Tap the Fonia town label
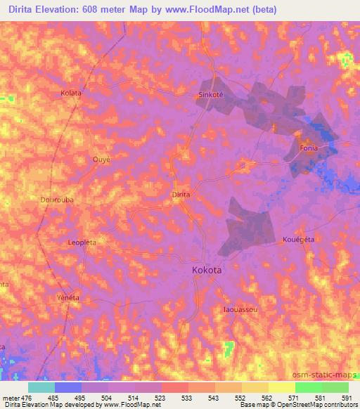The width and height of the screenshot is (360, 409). click(x=309, y=148)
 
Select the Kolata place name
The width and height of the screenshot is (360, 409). click(x=71, y=93)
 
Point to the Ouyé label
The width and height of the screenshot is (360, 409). click(x=102, y=160)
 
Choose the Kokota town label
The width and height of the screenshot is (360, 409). click(x=209, y=269)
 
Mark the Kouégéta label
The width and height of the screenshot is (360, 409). click(x=297, y=239)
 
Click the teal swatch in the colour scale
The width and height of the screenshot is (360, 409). click(x=41, y=387)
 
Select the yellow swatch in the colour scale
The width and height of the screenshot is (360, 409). click(x=281, y=387)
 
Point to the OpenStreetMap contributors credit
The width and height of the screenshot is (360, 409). click(x=314, y=405)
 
